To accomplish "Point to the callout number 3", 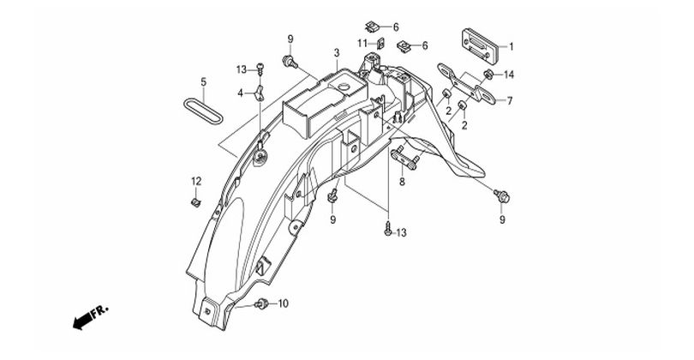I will click(337, 53).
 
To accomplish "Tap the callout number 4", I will click(242, 93).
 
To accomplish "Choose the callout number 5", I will click(204, 82).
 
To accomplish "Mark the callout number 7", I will click(509, 100).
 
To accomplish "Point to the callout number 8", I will click(402, 182).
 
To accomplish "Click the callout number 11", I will click(362, 43).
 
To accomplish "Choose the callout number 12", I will click(195, 181).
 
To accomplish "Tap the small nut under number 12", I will click(195, 202).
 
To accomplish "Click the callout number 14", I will click(508, 74).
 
